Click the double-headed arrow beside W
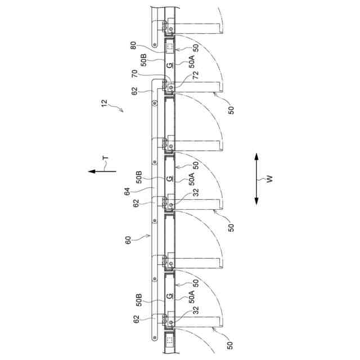coord(256,179)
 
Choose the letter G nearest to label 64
coord(169,179)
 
